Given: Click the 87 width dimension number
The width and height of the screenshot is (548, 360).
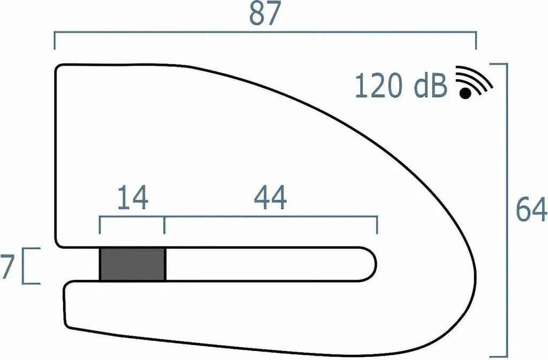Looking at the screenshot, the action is [x=265, y=13].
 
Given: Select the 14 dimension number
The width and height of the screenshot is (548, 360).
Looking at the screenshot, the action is [x=133, y=197].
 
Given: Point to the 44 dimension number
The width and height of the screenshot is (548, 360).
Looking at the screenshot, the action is [x=270, y=197].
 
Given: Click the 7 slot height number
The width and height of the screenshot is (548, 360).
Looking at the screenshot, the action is [x=7, y=266].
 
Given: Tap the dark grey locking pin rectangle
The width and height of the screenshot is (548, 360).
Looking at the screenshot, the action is [x=133, y=264].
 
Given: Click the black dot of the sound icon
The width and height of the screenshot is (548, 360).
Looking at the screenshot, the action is [x=465, y=93].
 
